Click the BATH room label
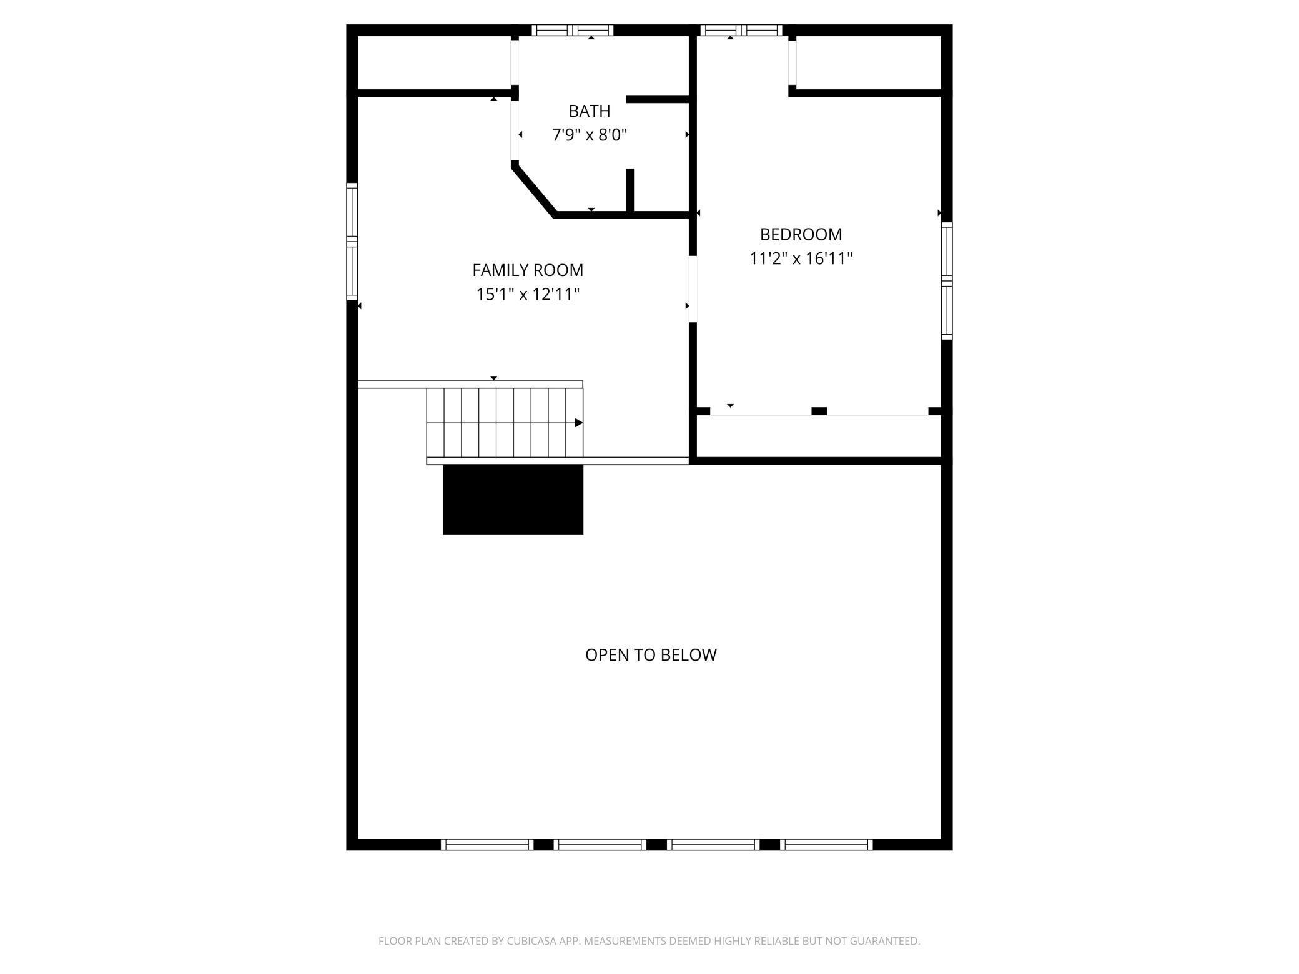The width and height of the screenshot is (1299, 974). (589, 111)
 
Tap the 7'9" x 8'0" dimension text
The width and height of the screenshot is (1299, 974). (589, 135)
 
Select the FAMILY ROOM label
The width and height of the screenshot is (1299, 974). (528, 270)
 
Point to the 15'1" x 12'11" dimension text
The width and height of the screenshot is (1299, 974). (528, 294)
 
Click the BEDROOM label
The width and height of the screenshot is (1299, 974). (801, 235)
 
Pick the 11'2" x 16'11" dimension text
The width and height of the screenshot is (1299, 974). (801, 258)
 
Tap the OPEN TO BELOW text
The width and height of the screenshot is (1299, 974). (651, 655)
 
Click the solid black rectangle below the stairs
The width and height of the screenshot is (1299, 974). (513, 499)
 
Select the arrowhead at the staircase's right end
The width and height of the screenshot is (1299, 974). (579, 423)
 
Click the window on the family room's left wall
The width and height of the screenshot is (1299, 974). (352, 241)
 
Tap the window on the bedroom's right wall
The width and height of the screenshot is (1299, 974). (947, 281)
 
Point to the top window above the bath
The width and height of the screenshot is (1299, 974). (573, 30)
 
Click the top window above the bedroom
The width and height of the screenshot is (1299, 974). (741, 30)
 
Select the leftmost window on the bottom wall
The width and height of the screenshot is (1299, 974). (487, 845)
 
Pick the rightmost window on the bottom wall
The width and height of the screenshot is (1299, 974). (826, 845)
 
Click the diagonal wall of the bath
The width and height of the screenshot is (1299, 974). (533, 190)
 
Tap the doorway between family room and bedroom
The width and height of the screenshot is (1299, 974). (693, 289)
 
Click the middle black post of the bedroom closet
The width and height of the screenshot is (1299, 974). (819, 411)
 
